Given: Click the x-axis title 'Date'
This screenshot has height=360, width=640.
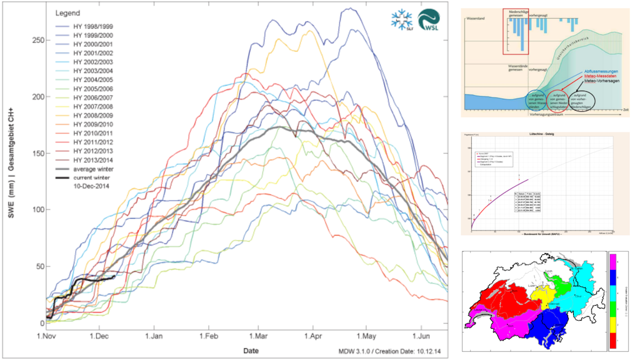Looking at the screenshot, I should (x=251, y=351).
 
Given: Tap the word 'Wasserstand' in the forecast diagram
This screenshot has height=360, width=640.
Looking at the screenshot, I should (x=477, y=18).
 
